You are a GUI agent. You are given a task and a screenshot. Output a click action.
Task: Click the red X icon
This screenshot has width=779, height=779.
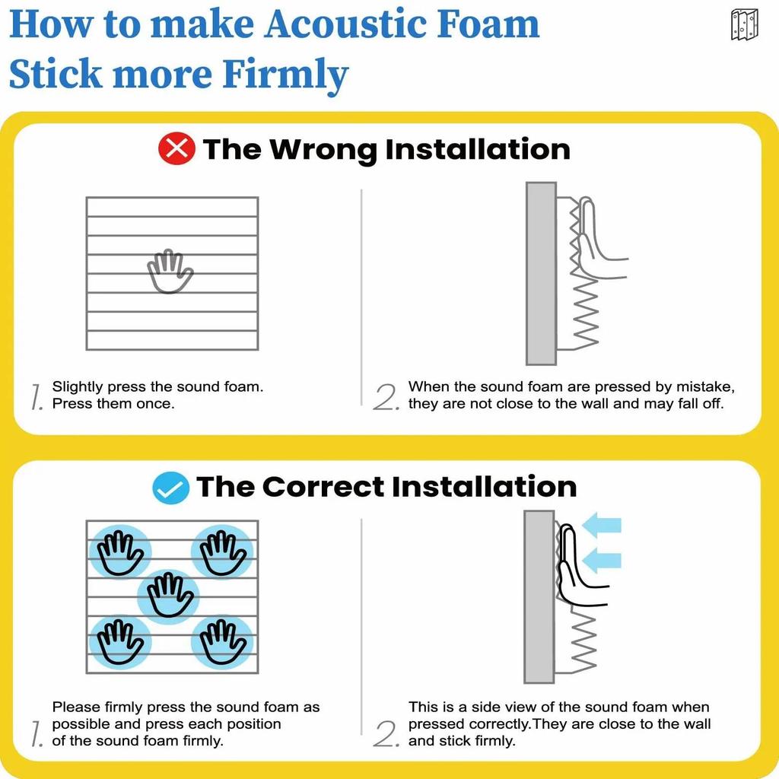coord(176,148)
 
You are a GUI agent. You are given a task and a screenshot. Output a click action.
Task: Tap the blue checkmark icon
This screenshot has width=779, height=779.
coord(171,488)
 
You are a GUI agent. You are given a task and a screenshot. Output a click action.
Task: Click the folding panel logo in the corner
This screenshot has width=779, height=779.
coord(744,25)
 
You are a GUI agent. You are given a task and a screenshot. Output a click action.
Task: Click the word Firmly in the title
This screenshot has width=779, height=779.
coord(285,75)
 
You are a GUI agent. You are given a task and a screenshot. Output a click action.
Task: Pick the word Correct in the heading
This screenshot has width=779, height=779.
coord(323,486)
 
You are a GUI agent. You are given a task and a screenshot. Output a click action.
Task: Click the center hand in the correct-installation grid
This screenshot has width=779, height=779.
coord(170,595)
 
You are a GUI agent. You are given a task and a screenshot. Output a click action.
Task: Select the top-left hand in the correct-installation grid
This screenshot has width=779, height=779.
coord(119,552)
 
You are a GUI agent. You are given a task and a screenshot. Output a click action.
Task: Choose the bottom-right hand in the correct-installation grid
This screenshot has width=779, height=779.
coord(222,641)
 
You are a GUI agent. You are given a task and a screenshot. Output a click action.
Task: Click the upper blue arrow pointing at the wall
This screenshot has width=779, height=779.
coord(601,525)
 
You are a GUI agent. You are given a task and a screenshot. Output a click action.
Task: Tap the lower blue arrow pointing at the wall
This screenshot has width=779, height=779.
coord(601,561)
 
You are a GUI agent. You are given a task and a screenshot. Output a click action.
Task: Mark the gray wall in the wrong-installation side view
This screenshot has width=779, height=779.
coord(541,273)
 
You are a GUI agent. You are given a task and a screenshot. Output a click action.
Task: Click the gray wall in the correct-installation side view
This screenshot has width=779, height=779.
coord(539,596)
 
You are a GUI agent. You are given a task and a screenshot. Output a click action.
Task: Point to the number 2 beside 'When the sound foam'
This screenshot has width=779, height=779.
coord(386,397)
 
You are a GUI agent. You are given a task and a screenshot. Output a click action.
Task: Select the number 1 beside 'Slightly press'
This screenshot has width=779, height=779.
coord(37,397)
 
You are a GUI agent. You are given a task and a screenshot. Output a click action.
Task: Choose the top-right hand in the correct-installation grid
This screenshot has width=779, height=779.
coord(222,552)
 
